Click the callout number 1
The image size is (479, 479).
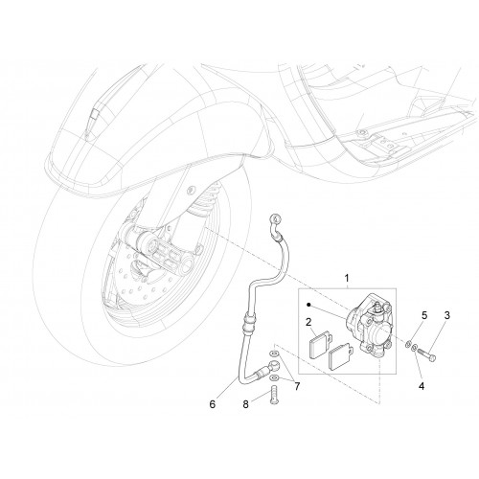[347, 279]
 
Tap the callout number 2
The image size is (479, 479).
[308, 322]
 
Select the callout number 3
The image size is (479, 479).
[447, 315]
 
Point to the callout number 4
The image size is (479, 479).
[422, 386]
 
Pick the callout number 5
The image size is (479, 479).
[424, 315]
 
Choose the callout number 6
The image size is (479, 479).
[213, 404]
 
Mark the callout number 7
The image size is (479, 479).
[297, 386]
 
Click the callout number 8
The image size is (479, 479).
[245, 404]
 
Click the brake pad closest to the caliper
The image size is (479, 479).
[341, 356]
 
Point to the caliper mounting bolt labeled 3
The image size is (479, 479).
[426, 354]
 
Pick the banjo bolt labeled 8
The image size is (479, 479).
[274, 395]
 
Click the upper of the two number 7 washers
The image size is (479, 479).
[274, 354]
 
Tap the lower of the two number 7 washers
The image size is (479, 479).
[274, 378]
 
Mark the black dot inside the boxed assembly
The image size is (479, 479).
[308, 305]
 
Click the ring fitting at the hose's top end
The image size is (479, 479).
[275, 218]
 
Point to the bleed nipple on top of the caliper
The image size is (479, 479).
[376, 308]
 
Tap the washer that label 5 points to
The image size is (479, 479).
[408, 344]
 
